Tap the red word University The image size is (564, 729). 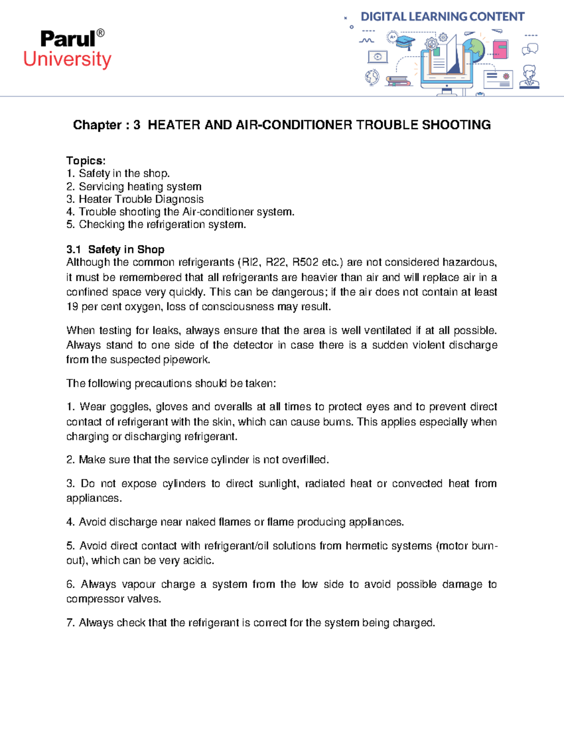tap(67, 60)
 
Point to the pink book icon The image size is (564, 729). tap(500, 49)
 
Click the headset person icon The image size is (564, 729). tap(529, 77)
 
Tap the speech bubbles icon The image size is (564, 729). tap(530, 49)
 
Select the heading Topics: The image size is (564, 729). tap(86, 161)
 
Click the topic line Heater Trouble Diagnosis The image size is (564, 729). tap(141, 199)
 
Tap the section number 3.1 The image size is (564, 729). tap(74, 250)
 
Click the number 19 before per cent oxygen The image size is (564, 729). tap(72, 307)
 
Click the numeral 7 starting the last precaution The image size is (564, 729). tap(70, 623)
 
